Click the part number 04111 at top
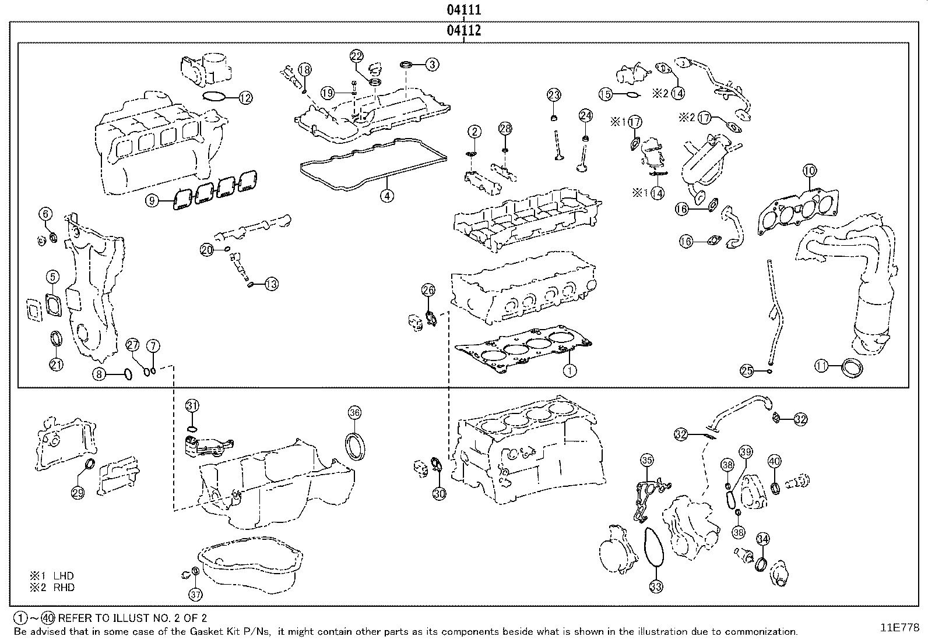(464, 10)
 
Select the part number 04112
(464, 30)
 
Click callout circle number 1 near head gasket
(570, 370)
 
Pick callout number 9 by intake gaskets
(152, 201)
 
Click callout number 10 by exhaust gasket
(810, 171)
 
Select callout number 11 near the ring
(822, 366)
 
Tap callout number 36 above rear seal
(354, 413)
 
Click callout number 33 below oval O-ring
(656, 586)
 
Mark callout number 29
(78, 493)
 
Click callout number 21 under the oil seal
(56, 365)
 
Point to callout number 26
(428, 290)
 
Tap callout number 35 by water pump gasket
(646, 460)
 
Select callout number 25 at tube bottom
(747, 370)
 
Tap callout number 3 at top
(432, 65)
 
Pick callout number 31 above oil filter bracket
(192, 405)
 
